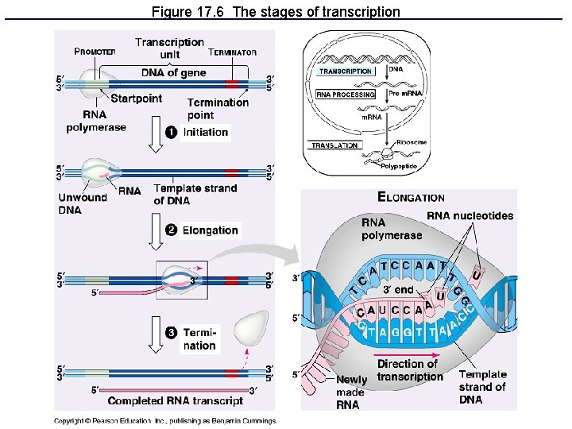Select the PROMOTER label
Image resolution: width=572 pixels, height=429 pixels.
point(95,52)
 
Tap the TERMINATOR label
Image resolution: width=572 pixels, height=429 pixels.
point(232,52)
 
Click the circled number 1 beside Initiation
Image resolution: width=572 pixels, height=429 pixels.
point(171,132)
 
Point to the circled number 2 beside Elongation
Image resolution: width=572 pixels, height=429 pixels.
point(171,230)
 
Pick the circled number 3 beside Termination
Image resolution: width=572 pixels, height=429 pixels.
point(171,332)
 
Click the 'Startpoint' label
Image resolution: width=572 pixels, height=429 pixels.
point(136,99)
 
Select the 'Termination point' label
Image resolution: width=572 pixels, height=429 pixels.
point(218,109)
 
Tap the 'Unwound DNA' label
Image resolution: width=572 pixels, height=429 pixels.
point(82,203)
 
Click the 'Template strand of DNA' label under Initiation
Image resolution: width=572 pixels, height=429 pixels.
point(195,194)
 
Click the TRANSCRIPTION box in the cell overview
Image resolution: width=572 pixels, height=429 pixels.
point(346,71)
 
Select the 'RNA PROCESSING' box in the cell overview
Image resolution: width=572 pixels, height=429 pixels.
point(346,95)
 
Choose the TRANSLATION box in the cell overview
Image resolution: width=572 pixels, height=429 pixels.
point(334,145)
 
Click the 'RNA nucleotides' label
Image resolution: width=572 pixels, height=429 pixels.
point(470,216)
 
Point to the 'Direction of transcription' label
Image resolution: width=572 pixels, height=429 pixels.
point(407,369)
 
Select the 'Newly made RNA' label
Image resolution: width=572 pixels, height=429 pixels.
point(351,392)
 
